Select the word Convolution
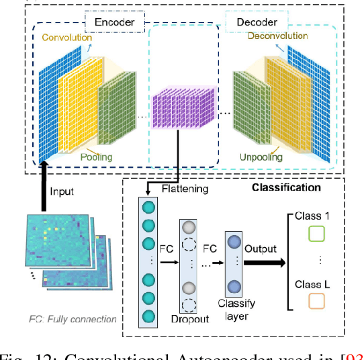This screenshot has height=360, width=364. tap(67, 37)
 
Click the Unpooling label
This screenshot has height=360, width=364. tap(257, 157)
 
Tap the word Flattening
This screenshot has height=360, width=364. tap(185, 189)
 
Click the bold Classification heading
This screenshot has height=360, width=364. tap(286, 187)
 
